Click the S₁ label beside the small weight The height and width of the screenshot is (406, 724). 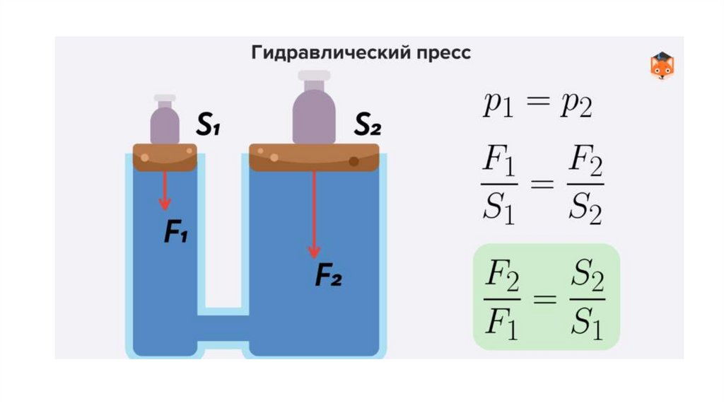tap(208, 127)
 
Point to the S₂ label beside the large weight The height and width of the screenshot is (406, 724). tap(368, 127)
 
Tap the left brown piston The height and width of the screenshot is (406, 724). tap(165, 157)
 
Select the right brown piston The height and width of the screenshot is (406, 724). tap(314, 157)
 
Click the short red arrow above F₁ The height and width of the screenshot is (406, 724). tap(165, 190)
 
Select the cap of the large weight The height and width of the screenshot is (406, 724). tap(314, 76)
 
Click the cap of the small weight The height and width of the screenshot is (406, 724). tap(165, 98)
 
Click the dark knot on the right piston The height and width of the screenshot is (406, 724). tap(354, 161)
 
